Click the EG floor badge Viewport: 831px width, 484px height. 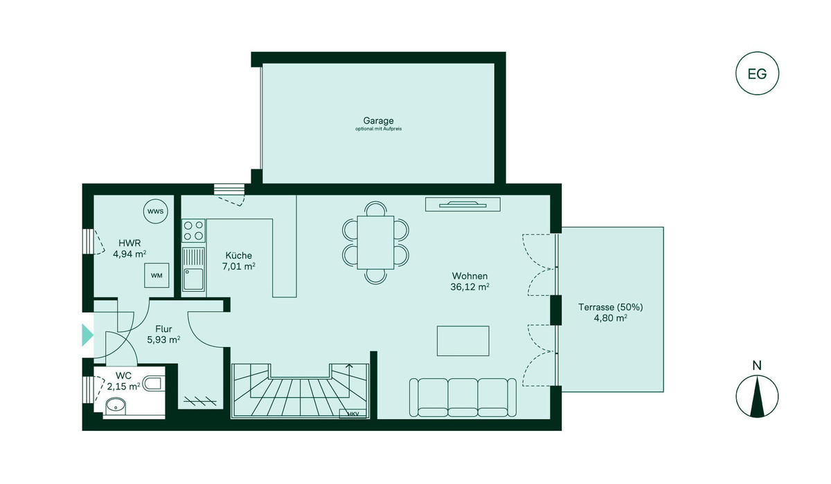[757, 73]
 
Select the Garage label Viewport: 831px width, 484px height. [378, 121]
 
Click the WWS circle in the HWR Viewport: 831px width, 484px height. [155, 212]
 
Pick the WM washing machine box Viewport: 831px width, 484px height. [157, 275]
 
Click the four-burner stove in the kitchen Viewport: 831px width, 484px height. [194, 230]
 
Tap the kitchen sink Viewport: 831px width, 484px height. [194, 269]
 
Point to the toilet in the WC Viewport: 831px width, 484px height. [154, 384]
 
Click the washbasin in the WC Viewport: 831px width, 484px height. [116, 407]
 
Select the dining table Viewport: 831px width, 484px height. [375, 243]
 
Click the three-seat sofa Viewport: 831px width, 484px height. [463, 398]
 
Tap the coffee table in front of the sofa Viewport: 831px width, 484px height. [463, 341]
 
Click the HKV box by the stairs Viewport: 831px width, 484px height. [353, 414]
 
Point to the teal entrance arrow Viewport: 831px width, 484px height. [87, 335]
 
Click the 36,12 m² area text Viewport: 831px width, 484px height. [470, 287]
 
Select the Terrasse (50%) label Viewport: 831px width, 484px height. [611, 307]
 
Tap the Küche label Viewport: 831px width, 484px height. [238, 256]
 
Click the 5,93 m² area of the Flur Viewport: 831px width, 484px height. [163, 339]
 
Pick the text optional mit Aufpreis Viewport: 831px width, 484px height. [378, 129]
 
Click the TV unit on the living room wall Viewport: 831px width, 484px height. [463, 205]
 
